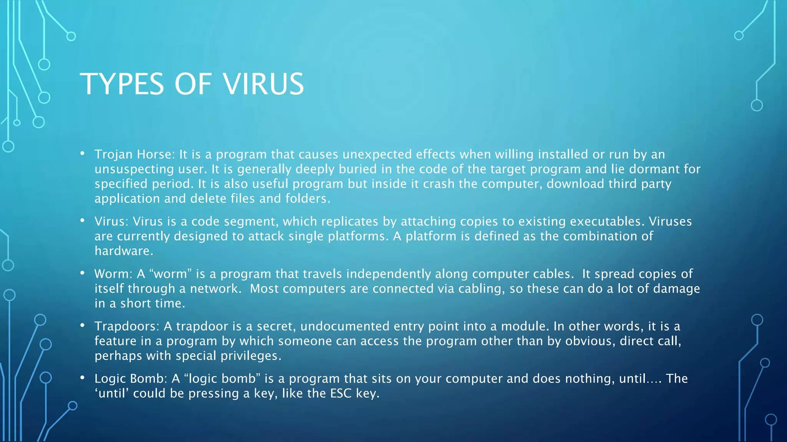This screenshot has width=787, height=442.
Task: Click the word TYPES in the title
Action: (122, 84)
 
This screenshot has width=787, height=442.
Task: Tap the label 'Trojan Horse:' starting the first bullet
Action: (134, 154)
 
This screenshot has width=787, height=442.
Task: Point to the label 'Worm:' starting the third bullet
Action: (113, 274)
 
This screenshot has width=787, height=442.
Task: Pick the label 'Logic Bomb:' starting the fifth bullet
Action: (131, 379)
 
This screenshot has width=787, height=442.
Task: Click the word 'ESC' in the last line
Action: (339, 394)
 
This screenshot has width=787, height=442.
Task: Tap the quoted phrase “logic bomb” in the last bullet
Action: (222, 379)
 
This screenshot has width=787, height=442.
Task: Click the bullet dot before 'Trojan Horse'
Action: (82, 154)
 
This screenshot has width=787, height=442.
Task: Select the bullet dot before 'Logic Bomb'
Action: (82, 378)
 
